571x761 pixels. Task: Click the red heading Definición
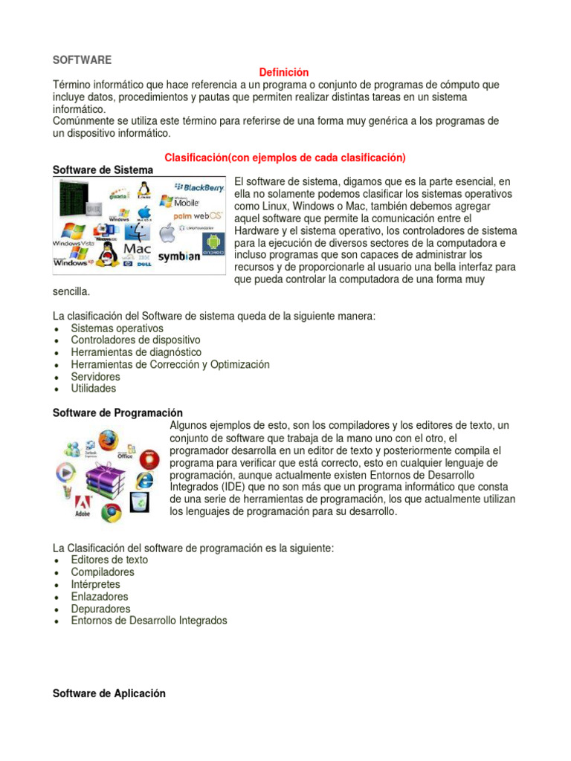tap(283, 72)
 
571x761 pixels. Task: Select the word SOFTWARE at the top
tap(82, 59)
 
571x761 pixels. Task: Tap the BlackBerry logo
tap(199, 187)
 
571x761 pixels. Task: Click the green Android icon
tap(213, 242)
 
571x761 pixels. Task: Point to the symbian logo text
tap(178, 256)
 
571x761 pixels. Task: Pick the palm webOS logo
tap(193, 216)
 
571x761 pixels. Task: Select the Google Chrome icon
tap(112, 512)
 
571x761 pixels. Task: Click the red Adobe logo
tap(82, 506)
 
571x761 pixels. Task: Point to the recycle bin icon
tap(139, 502)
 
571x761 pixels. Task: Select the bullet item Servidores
tap(95, 377)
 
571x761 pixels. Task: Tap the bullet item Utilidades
tap(93, 389)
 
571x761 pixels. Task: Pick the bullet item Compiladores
tap(103, 572)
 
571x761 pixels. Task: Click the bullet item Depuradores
tap(100, 609)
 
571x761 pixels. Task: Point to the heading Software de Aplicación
tap(109, 693)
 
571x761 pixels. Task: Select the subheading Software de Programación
tap(117, 412)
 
